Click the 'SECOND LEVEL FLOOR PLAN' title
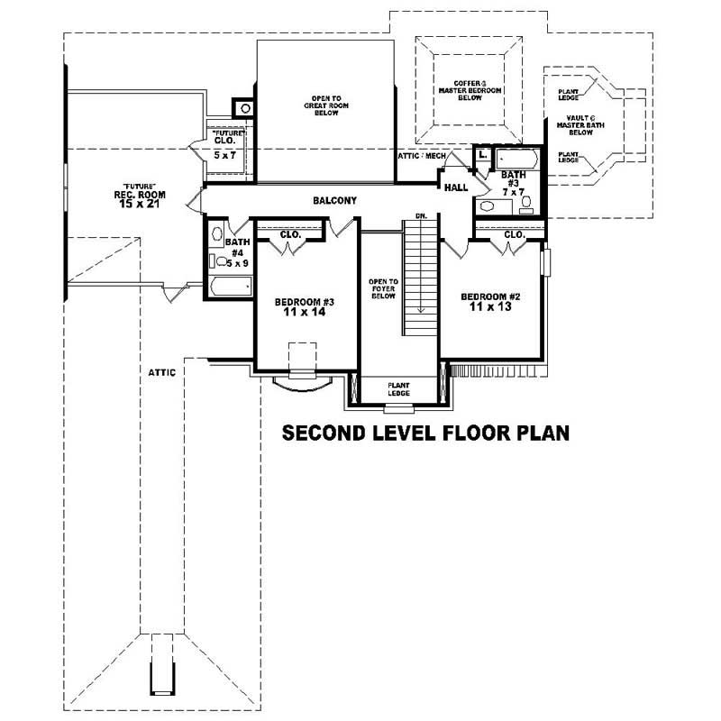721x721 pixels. pos(425,433)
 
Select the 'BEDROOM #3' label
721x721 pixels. pos(306,301)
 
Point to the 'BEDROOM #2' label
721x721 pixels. pos(491,297)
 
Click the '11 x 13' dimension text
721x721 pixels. pos(491,308)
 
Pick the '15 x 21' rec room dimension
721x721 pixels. pos(134,205)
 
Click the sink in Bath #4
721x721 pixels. pos(215,235)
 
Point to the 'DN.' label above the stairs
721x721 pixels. pos(421,216)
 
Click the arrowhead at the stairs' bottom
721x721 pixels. pos(421,309)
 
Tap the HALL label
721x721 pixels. pos(454,187)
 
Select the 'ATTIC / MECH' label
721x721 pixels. pos(422,156)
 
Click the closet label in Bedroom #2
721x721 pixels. pos(515,234)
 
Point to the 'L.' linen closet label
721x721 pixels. pos(483,156)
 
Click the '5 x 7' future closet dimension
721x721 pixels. pos(225,155)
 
